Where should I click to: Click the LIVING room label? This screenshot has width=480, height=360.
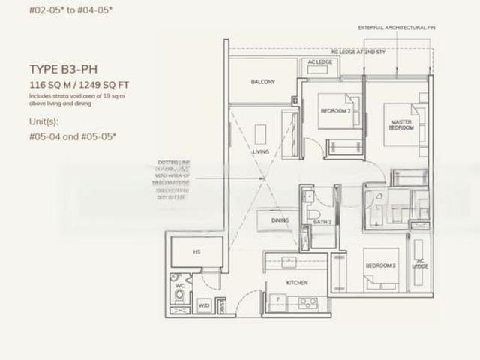tap(261, 152)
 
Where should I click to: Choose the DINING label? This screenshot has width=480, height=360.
tap(280, 220)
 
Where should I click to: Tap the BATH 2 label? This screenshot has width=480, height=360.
tap(322, 222)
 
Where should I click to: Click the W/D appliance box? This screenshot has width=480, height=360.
tap(204, 305)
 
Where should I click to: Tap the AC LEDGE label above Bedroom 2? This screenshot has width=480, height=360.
tap(319, 61)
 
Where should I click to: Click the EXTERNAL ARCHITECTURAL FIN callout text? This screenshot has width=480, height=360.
tap(396, 27)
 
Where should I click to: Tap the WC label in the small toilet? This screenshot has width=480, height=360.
tap(178, 285)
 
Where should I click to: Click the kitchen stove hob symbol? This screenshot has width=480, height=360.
tap(307, 303)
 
